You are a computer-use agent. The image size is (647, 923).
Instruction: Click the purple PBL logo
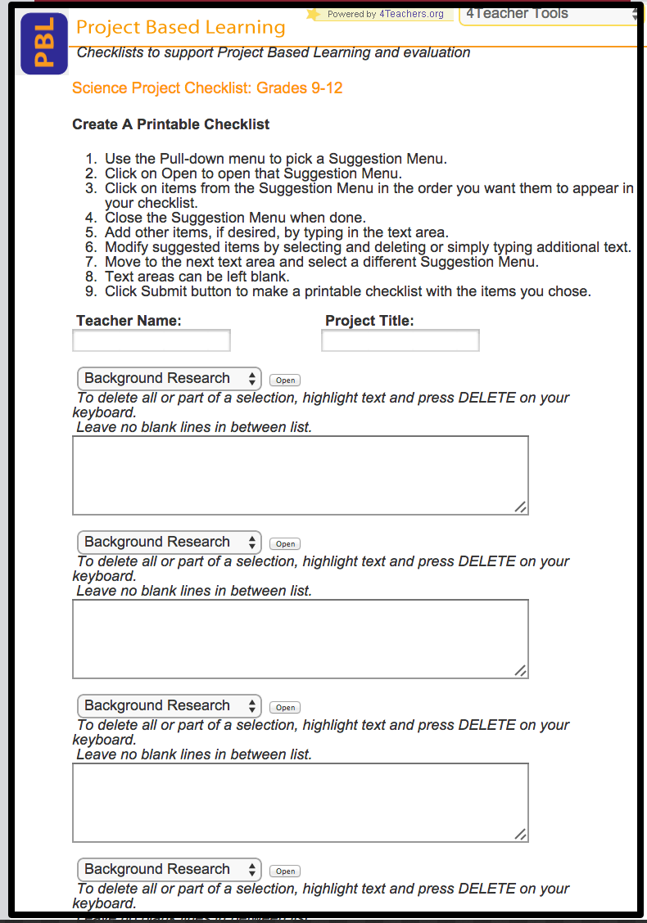pyautogui.click(x=44, y=44)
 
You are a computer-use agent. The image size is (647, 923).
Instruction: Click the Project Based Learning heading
pyautogui.click(x=180, y=28)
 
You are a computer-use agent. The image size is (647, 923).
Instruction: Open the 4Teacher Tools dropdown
pyautogui.click(x=549, y=14)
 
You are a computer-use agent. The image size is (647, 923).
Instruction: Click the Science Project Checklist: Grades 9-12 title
pyautogui.click(x=207, y=88)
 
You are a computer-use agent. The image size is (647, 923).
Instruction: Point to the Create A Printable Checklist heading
pyautogui.click(x=171, y=124)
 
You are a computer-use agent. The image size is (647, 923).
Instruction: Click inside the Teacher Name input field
pyautogui.click(x=152, y=340)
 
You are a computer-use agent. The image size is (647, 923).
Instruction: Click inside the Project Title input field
pyautogui.click(x=400, y=340)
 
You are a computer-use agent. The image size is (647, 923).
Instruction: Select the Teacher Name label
pyautogui.click(x=129, y=321)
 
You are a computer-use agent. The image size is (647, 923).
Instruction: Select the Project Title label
pyautogui.click(x=369, y=321)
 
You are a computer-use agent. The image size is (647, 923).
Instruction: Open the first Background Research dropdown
pyautogui.click(x=170, y=379)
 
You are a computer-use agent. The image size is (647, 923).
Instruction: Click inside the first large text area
pyautogui.click(x=300, y=475)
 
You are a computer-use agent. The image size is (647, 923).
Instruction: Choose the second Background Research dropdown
pyautogui.click(x=170, y=543)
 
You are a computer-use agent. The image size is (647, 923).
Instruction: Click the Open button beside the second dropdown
pyautogui.click(x=285, y=544)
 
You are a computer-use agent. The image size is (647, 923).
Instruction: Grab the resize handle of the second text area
pyautogui.click(x=520, y=670)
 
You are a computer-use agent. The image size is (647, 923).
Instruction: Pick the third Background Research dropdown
pyautogui.click(x=170, y=706)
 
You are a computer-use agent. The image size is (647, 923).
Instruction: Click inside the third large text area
pyautogui.click(x=300, y=803)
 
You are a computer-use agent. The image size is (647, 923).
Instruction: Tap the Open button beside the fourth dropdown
pyautogui.click(x=285, y=871)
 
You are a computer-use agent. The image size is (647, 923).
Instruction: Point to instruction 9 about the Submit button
pyautogui.click(x=347, y=291)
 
